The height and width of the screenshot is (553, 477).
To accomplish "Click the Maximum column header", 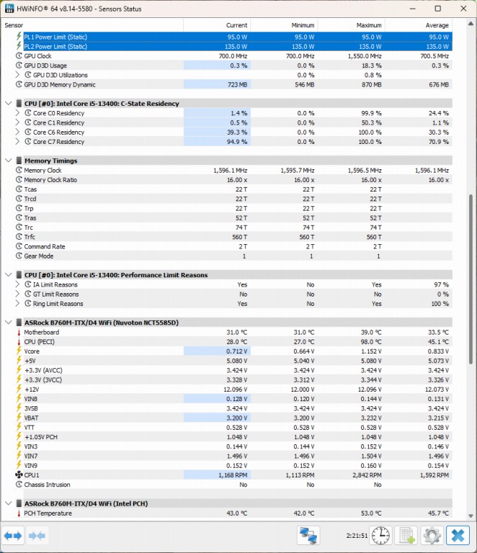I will click(369, 25).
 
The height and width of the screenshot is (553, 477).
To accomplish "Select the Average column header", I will click(437, 25).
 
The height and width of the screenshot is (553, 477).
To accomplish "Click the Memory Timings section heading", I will click(50, 161).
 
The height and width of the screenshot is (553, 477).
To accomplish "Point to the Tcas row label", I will click(30, 189).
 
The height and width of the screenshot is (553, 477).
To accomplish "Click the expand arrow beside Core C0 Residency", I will click(18, 113).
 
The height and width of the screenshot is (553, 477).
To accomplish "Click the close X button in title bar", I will click(459, 9).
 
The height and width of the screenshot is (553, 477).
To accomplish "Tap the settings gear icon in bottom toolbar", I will click(432, 535).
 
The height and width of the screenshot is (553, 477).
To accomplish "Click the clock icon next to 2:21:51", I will click(381, 535).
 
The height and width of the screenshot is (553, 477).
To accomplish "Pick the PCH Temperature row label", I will click(48, 513).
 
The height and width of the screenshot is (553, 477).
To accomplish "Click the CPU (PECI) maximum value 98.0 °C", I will click(372, 341).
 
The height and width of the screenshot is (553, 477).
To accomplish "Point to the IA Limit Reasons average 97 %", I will click(440, 284).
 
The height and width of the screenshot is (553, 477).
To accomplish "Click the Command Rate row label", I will click(45, 246).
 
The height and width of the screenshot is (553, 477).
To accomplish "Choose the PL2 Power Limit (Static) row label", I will click(66, 46).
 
